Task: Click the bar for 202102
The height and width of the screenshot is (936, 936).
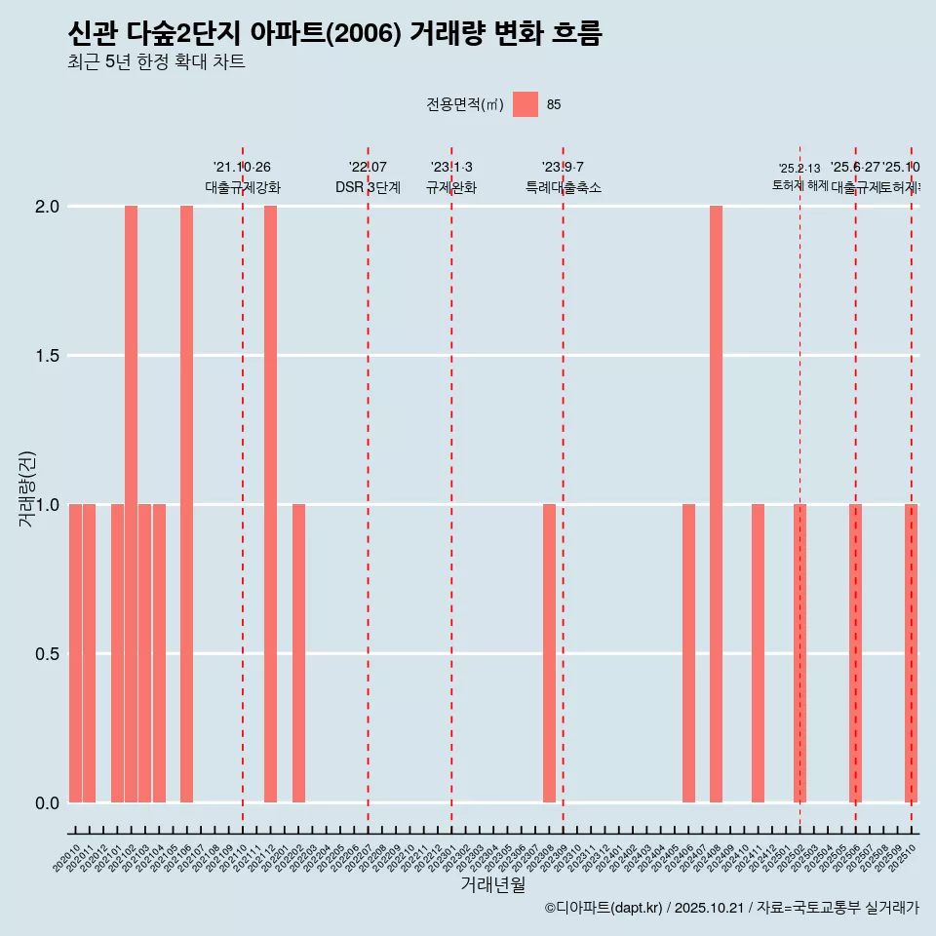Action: tap(131, 504)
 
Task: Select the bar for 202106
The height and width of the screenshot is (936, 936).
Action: tap(186, 504)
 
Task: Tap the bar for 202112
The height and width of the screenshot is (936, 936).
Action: tap(270, 504)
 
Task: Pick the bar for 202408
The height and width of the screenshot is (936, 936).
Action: tap(716, 504)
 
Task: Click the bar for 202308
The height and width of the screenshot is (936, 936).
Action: tap(549, 653)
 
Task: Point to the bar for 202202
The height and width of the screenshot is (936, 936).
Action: tap(298, 653)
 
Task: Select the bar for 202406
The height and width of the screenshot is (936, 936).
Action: tap(688, 653)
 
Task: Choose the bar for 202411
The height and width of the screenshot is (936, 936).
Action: tap(758, 653)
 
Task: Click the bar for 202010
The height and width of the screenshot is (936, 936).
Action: tap(75, 653)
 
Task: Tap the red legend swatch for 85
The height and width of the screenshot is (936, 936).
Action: tap(526, 104)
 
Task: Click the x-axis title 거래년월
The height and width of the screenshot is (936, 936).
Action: tap(492, 884)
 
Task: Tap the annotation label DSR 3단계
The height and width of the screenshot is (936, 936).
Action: tap(368, 187)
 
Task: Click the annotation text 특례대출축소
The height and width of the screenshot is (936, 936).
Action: tap(563, 187)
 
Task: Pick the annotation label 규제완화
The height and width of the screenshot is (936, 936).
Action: tap(451, 187)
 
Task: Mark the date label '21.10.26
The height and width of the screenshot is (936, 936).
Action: tap(242, 167)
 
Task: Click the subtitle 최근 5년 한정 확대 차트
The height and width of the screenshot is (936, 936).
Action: tap(156, 62)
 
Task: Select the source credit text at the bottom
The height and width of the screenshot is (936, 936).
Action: tap(731, 908)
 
